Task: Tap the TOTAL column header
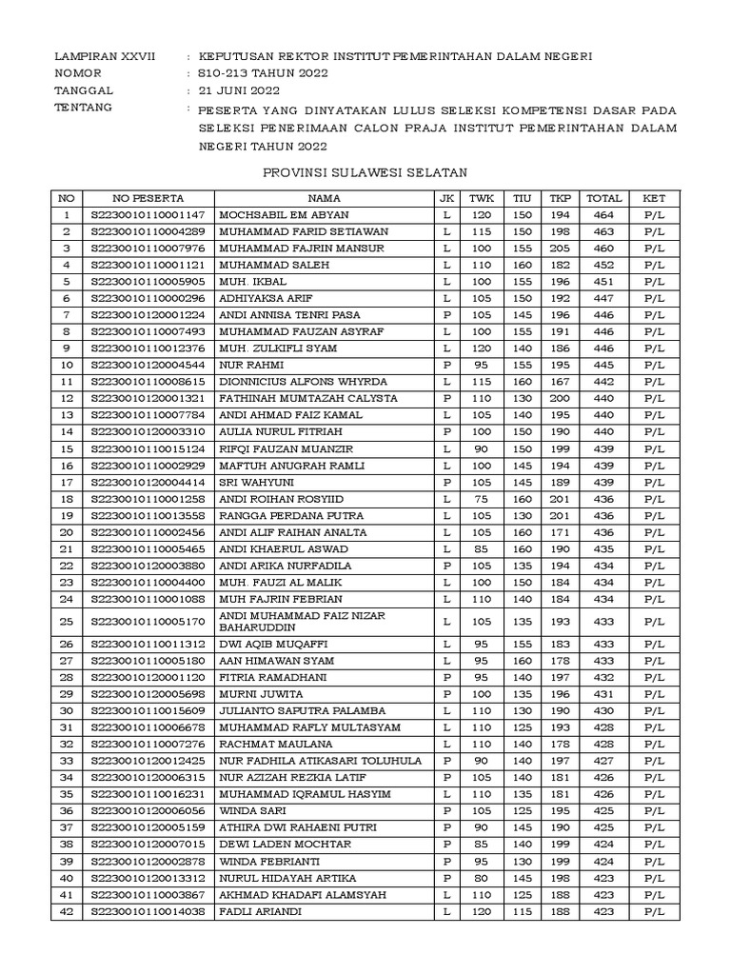click(x=603, y=198)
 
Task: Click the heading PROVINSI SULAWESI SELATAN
click(x=365, y=172)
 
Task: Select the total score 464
click(x=603, y=215)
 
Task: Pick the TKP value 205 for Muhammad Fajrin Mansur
click(x=559, y=249)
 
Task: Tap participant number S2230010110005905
click(x=148, y=282)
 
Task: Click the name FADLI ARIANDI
click(x=259, y=911)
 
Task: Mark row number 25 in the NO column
click(x=66, y=621)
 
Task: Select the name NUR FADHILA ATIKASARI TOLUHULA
click(x=320, y=761)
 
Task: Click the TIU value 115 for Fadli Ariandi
click(x=521, y=911)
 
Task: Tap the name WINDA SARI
click(x=252, y=811)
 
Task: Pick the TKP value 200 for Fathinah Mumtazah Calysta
click(x=559, y=398)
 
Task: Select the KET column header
click(x=655, y=198)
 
